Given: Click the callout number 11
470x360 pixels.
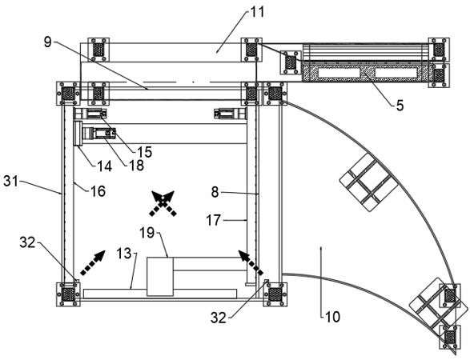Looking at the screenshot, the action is (256, 12).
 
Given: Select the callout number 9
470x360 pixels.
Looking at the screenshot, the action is (48, 42).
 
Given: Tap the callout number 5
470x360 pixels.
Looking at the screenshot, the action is (400, 106).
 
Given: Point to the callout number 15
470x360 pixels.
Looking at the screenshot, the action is (144, 152).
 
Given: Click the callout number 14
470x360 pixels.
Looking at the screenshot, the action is (104, 166).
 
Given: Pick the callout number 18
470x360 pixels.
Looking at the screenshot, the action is (136, 165).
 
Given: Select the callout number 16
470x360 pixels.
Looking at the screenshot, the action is (98, 191).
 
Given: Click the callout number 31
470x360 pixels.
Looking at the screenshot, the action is (11, 181).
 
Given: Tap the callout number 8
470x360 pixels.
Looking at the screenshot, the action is (215, 192).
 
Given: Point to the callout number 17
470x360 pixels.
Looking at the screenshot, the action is (214, 221).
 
